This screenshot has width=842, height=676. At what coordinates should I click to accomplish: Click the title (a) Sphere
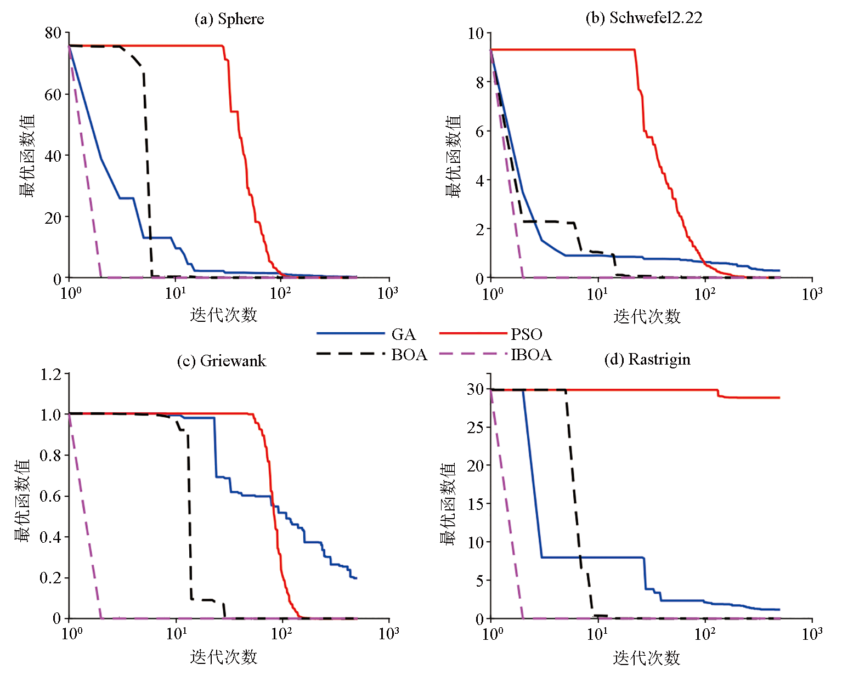tap(229, 19)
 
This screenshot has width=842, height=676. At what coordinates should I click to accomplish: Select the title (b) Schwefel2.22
tap(644, 18)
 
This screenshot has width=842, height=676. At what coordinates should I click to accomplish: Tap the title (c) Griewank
tap(221, 361)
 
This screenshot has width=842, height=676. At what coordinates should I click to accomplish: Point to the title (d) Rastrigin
tap(647, 360)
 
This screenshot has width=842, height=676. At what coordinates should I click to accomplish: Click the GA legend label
tap(403, 334)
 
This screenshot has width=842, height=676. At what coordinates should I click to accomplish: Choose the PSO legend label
tap(527, 334)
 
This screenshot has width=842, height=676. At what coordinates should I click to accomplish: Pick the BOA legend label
tap(409, 355)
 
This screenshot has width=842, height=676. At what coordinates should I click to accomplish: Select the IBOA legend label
tap(531, 355)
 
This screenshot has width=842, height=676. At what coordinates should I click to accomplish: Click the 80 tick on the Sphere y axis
tap(53, 33)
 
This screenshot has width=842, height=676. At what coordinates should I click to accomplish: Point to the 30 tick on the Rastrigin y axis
tap(475, 389)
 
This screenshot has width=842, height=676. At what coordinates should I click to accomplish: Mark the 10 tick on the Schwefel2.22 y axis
tap(475, 33)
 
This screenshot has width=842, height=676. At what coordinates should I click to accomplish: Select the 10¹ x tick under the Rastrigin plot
tap(597, 634)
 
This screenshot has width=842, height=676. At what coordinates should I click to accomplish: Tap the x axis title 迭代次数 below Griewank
tap(224, 657)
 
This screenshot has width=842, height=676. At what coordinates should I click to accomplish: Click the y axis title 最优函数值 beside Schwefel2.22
tap(453, 156)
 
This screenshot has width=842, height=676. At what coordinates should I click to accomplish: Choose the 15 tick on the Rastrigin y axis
tap(475, 504)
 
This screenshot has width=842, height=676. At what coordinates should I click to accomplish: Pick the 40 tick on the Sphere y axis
tap(53, 156)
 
